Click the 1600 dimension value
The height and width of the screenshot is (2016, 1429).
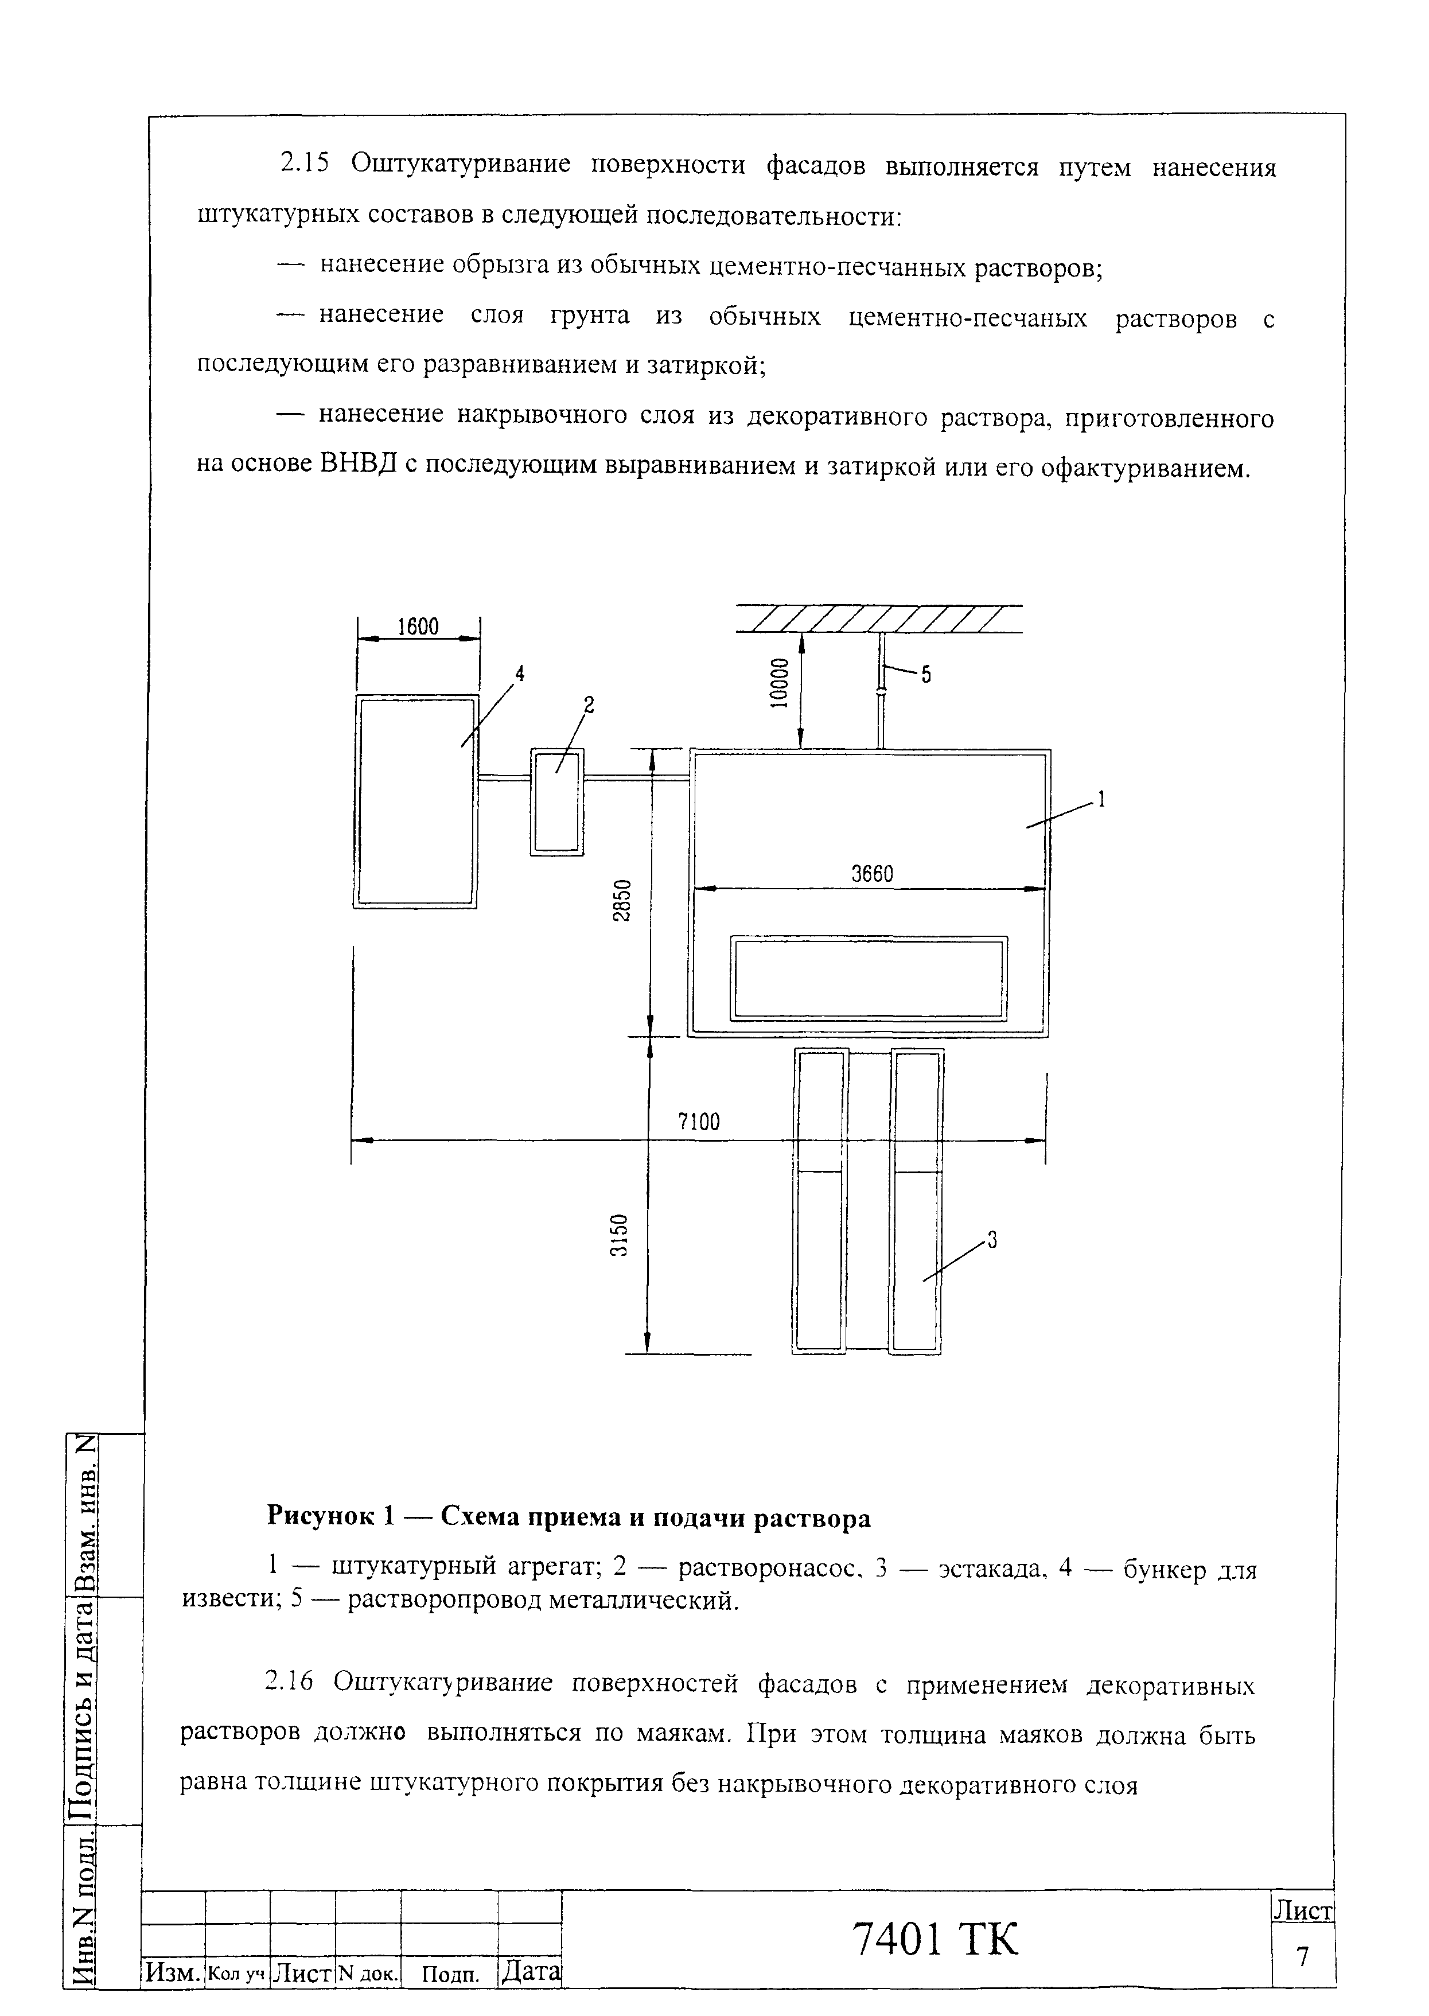[x=418, y=626]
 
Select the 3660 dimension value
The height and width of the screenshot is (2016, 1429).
[x=872, y=874]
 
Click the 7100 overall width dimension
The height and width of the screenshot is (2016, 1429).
[x=699, y=1122]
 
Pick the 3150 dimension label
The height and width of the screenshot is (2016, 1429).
[x=620, y=1235]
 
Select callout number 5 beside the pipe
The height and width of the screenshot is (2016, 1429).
[x=926, y=675]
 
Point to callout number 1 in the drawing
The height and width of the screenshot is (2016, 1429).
[x=1100, y=800]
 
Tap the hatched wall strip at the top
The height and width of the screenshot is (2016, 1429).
[x=878, y=618]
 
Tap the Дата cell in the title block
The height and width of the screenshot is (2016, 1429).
[x=529, y=1971]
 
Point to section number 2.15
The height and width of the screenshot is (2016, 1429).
[x=303, y=164]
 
